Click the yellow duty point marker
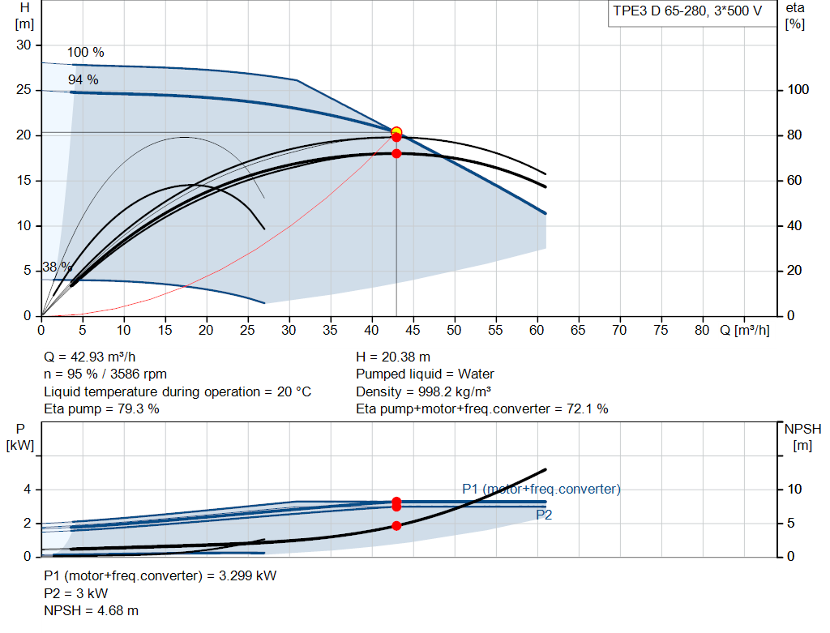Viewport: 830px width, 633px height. (396, 132)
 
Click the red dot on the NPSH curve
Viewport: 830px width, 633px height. (396, 525)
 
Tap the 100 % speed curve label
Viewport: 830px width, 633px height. (86, 53)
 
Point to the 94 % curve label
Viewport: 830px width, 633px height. (83, 80)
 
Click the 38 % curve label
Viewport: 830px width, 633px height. (58, 267)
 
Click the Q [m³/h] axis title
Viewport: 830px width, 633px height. (744, 330)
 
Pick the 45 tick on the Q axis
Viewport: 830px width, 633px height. (413, 330)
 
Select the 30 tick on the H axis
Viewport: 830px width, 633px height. (24, 45)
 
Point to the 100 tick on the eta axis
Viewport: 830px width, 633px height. (798, 89)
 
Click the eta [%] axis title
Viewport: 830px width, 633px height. (795, 16)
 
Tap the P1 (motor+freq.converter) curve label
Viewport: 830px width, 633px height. (541, 489)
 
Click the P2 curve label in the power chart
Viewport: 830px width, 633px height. (544, 515)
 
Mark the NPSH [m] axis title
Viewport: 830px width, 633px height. (802, 437)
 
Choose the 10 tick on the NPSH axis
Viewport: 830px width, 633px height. (794, 489)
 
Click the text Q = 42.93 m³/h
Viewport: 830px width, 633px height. (89, 357)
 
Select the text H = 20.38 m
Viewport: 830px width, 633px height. (393, 357)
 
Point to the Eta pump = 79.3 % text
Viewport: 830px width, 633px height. (101, 409)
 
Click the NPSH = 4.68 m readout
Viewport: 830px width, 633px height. (91, 611)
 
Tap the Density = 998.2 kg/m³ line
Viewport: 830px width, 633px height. (423, 391)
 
